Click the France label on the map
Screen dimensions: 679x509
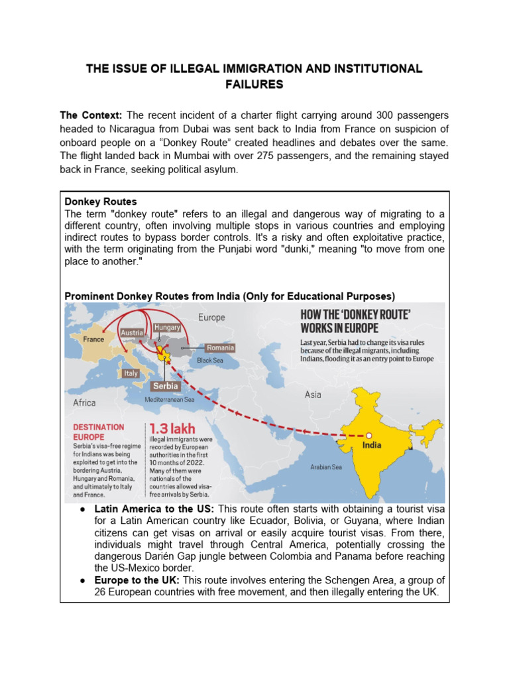pos(93,339)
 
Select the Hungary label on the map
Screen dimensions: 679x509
pos(166,328)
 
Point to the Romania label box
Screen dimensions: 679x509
pos(220,347)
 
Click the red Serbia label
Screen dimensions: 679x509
pos(166,385)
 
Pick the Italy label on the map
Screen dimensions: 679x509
pos(131,373)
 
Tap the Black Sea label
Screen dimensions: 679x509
pos(209,360)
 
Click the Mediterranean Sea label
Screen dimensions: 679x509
pos(170,400)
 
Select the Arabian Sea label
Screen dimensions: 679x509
pos(326,467)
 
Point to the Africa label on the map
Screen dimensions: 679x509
pos(84,402)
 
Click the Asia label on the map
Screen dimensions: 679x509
pos(313,395)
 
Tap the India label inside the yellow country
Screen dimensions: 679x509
pos(371,445)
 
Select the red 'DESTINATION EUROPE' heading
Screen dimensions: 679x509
pos(98,432)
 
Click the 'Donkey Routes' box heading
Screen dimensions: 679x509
pos(100,201)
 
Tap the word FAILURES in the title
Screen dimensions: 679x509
pos(254,84)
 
